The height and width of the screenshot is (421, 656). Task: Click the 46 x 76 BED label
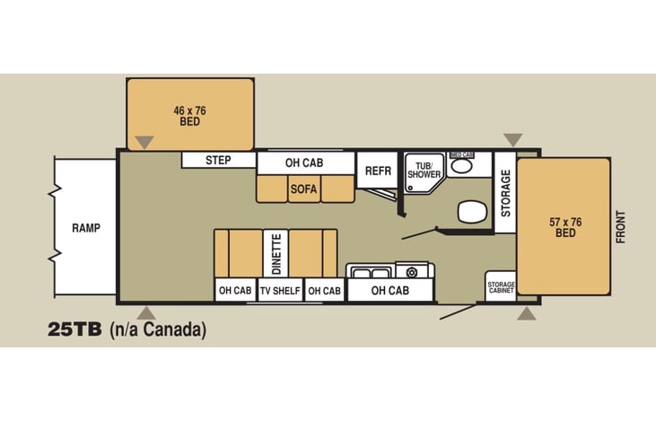pyautogui.click(x=190, y=116)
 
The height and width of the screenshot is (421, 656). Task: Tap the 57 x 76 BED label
pyautogui.click(x=565, y=227)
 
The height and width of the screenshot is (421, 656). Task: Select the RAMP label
pyautogui.click(x=86, y=228)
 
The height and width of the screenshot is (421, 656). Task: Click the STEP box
pyautogui.click(x=218, y=160)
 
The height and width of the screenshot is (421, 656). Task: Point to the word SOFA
pyautogui.click(x=303, y=189)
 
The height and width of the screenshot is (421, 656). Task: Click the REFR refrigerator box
pyautogui.click(x=378, y=171)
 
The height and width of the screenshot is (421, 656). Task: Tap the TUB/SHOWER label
pyautogui.click(x=424, y=171)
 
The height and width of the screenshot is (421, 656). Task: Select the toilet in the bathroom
pyautogui.click(x=473, y=211)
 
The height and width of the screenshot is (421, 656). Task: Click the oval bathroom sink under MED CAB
pyautogui.click(x=461, y=166)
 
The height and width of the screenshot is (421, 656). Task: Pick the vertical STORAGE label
pyautogui.click(x=506, y=193)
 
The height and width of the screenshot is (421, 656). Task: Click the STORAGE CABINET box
pyautogui.click(x=501, y=286)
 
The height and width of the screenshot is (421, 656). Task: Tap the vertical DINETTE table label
pyautogui.click(x=276, y=254)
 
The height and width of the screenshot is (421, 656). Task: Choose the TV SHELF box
pyautogui.click(x=280, y=290)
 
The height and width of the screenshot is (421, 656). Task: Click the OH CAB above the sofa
pyautogui.click(x=304, y=162)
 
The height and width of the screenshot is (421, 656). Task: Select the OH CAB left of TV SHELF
pyautogui.click(x=235, y=290)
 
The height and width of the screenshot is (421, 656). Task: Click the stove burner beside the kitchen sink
pyautogui.click(x=412, y=273)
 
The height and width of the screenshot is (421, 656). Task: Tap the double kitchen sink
pyautogui.click(x=371, y=273)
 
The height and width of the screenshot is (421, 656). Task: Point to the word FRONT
pyautogui.click(x=620, y=227)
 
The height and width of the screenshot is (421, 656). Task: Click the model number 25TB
pyautogui.click(x=74, y=329)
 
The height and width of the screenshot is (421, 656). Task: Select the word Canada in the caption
pyautogui.click(x=173, y=329)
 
